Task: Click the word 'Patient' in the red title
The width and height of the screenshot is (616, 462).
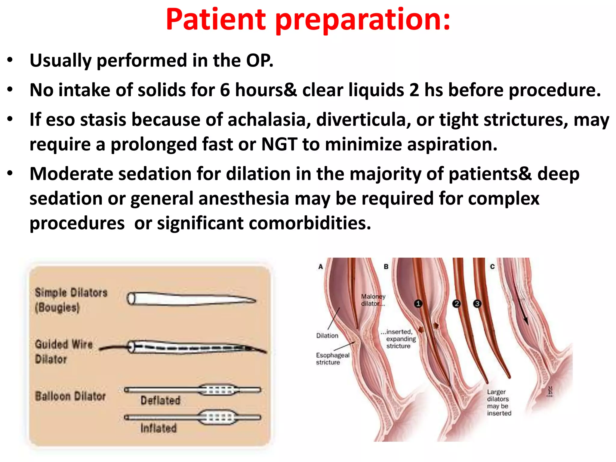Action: point(216,20)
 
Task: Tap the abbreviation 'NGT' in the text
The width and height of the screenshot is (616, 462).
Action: point(279,144)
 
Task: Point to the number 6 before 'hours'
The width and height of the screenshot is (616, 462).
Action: point(225,90)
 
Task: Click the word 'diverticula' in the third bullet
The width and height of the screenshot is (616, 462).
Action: point(363,120)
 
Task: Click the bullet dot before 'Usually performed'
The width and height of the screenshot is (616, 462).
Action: point(10,60)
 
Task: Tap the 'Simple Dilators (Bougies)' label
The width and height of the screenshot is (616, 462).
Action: point(71,300)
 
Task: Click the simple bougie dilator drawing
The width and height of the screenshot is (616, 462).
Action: point(191,299)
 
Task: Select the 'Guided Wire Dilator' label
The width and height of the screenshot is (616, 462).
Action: point(63,351)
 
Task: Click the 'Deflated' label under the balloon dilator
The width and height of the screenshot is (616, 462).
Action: point(160,401)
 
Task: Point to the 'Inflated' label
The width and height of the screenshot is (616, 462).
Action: point(159,428)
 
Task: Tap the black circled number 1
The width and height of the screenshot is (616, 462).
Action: point(418,303)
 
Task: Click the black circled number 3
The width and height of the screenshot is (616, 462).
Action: point(477,303)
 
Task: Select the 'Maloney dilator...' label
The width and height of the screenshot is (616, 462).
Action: point(373,300)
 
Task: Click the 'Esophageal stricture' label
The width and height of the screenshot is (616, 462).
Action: point(332,359)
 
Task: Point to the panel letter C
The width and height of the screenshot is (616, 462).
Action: point(492,266)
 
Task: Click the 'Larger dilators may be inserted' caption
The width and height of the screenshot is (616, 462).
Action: point(499,402)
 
